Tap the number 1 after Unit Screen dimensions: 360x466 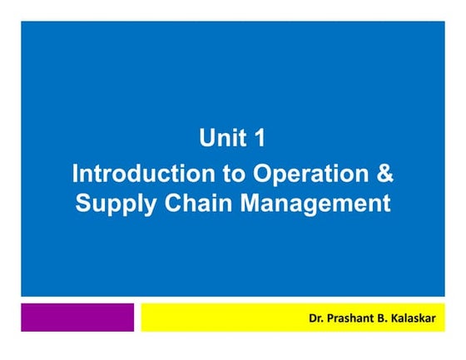coord(259,138)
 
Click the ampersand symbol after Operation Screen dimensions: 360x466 coord(384,175)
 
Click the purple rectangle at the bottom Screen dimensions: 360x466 coord(77,317)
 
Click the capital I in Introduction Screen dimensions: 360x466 coord(77,175)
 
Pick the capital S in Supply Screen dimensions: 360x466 coord(83,203)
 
